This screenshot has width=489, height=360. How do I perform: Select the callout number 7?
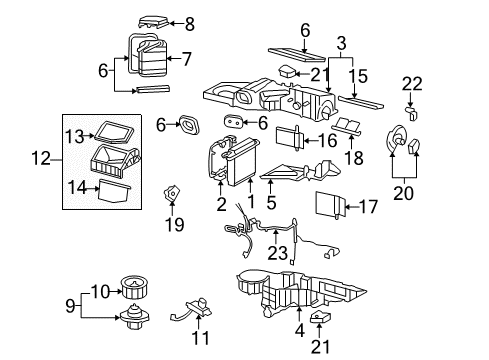click(x=187, y=58)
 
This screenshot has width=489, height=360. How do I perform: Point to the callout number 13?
click(x=74, y=135)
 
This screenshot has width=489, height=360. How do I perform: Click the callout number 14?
click(x=74, y=185)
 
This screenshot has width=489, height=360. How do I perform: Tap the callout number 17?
click(x=369, y=208)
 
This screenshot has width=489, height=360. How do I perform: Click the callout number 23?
click(x=275, y=252)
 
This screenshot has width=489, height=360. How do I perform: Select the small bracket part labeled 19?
click(x=176, y=196)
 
